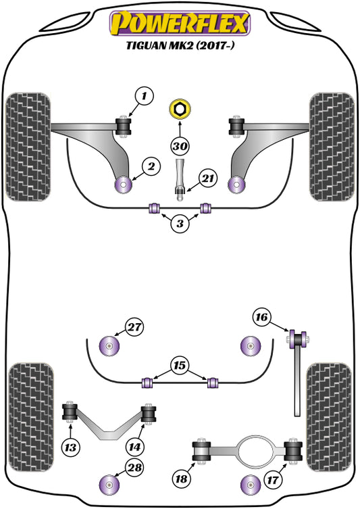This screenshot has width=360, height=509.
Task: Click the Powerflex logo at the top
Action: [180, 22]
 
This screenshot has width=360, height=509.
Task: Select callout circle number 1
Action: [143, 97]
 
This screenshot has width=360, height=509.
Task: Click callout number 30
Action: [180, 146]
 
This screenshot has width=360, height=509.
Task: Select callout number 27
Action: [136, 328]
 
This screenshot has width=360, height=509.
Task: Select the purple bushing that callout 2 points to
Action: [124, 183]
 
